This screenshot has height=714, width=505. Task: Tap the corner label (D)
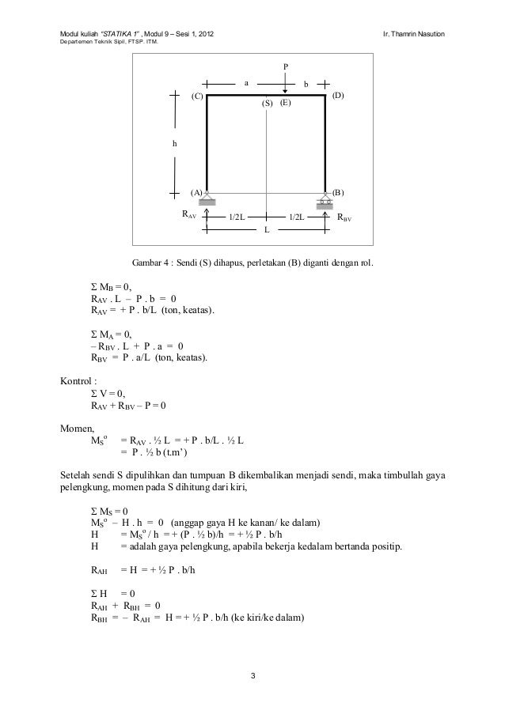[338, 96]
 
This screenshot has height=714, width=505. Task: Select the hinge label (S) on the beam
[267, 104]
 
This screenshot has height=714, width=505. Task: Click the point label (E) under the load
[285, 104]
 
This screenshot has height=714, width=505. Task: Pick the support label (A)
[195, 192]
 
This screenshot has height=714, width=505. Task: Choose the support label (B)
[338, 192]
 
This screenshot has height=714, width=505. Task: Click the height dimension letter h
[175, 144]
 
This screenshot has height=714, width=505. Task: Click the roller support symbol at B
[326, 201]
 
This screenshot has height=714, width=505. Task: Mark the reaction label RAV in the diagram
[188, 214]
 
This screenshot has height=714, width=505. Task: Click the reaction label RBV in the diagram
[345, 217]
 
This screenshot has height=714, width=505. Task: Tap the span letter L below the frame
[266, 229]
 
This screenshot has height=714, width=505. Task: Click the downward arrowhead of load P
[286, 91]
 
